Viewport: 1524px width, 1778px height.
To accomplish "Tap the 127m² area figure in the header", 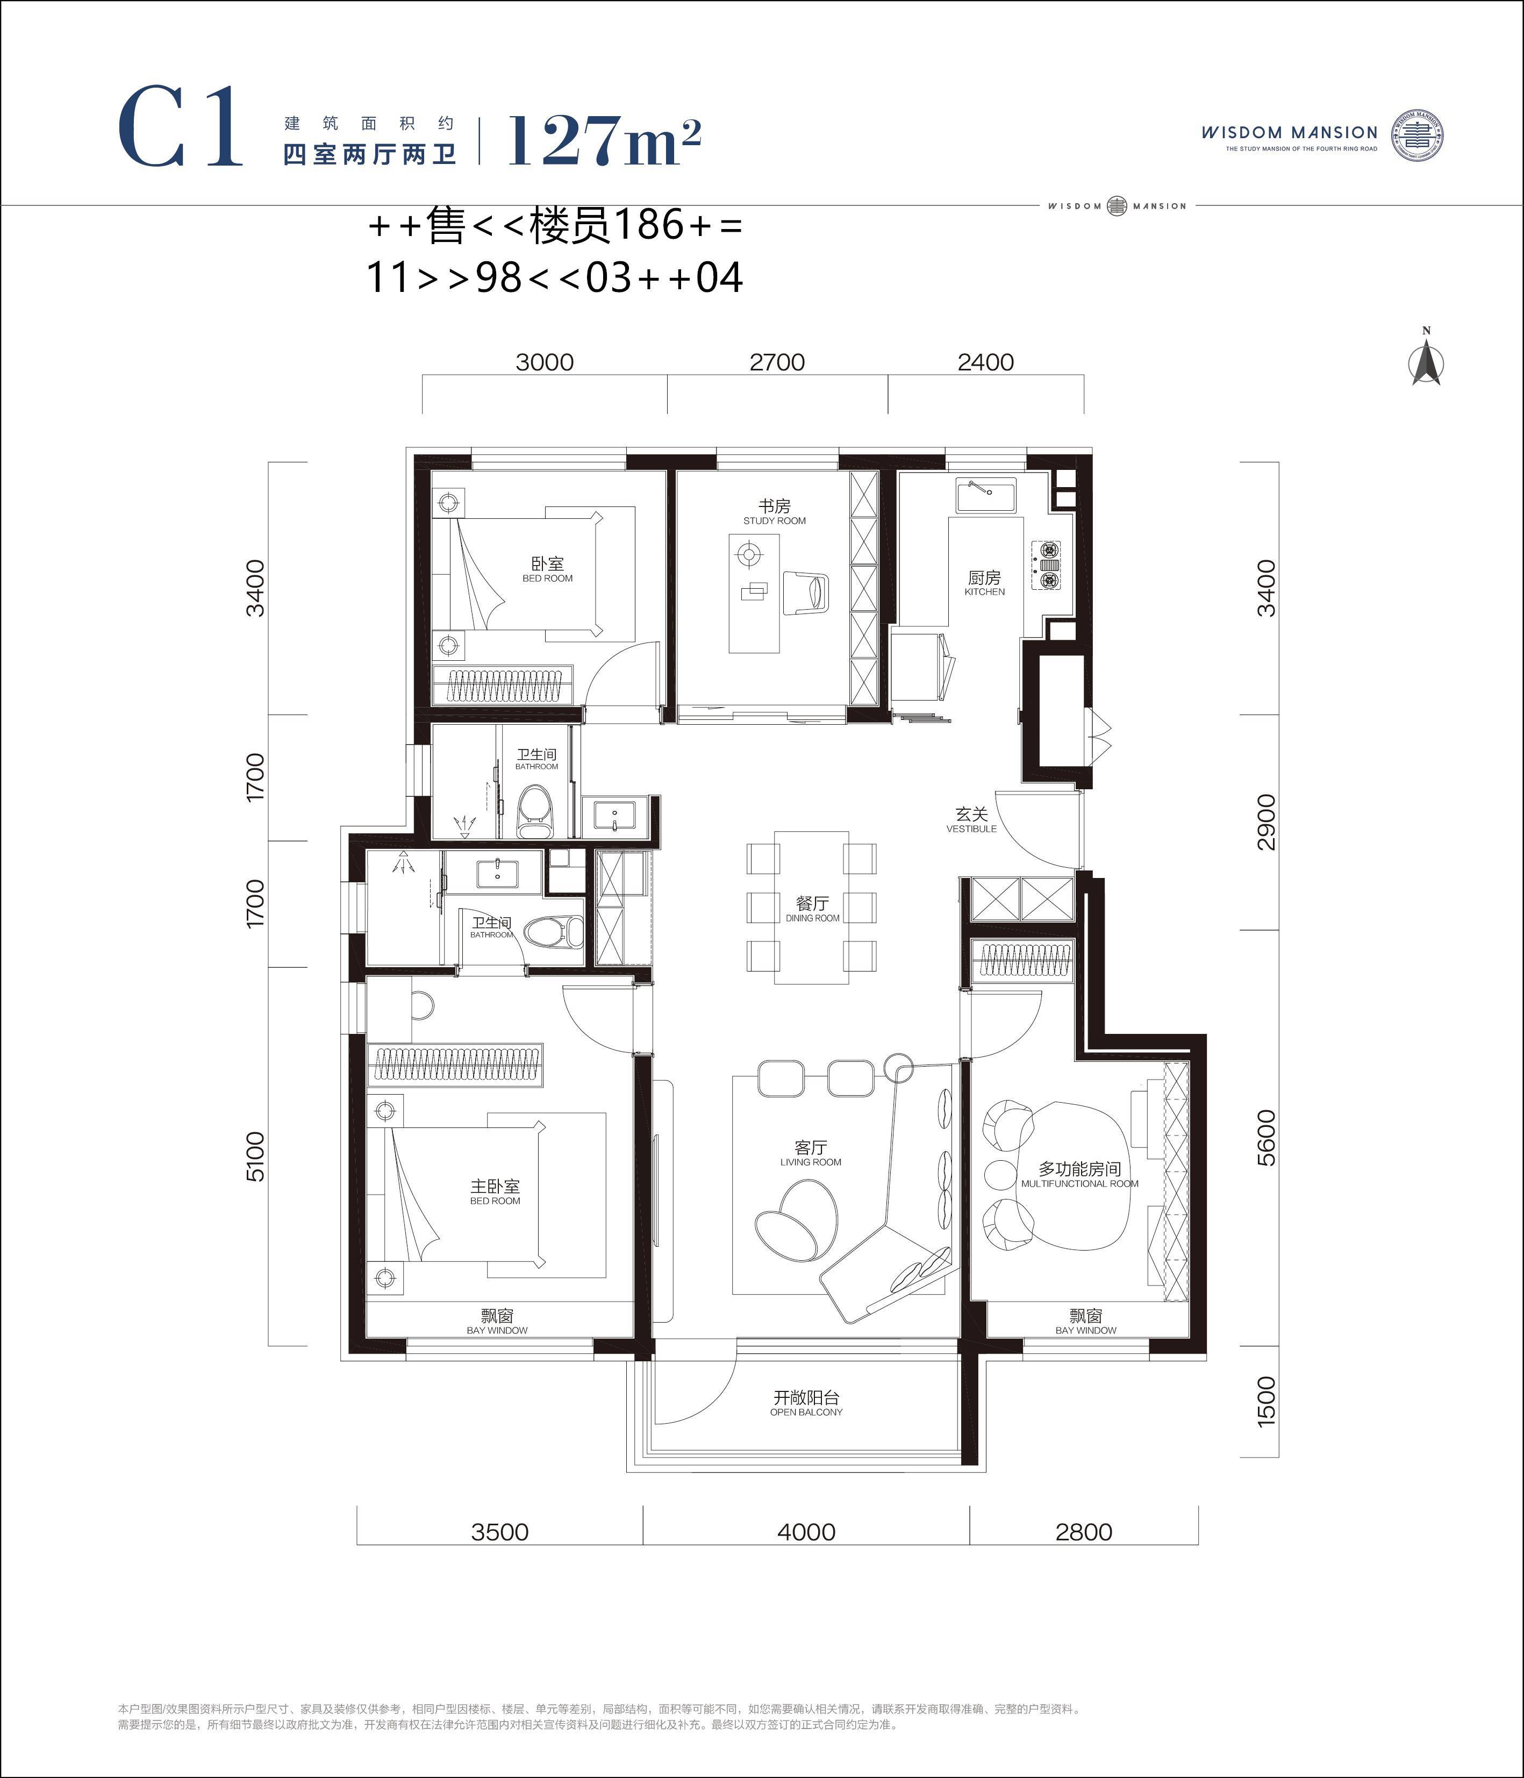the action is tap(604, 140).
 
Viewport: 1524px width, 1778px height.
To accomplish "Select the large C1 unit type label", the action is tap(180, 126).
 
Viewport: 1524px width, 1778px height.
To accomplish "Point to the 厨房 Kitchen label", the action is tap(984, 583).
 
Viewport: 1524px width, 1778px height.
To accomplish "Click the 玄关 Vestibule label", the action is tap(971, 820).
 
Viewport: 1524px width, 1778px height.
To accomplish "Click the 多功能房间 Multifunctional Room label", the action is tap(1079, 1175).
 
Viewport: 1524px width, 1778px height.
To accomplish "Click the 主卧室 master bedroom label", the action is tap(495, 1192).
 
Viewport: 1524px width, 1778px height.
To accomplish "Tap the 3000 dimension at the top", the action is tap(545, 362).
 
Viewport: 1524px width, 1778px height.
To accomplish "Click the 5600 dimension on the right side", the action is tap(1266, 1137).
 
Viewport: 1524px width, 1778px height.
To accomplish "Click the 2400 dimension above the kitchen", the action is tap(986, 362).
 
